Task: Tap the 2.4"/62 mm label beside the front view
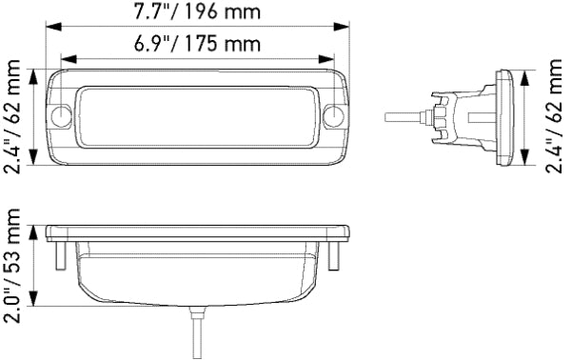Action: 13,117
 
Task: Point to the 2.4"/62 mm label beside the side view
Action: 557,117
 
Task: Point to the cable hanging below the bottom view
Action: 198,333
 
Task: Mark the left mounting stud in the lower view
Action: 58,255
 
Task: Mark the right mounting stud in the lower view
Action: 335,255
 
